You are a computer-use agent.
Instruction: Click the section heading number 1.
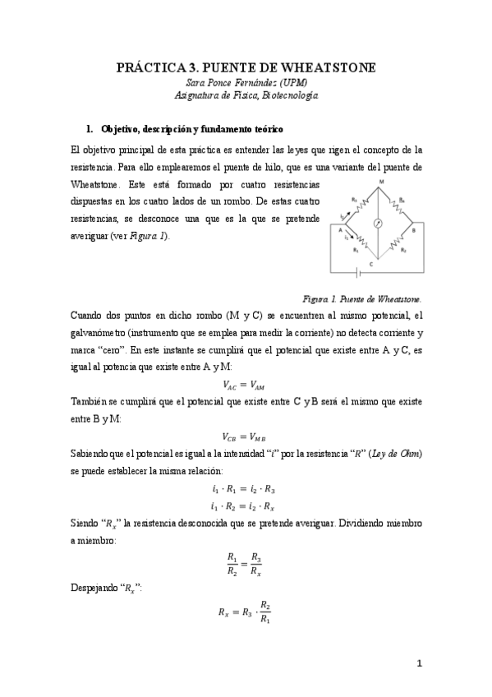point(90,130)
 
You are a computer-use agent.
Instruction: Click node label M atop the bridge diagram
point(380,181)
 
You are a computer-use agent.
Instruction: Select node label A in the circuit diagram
point(338,230)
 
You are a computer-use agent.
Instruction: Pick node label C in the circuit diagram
point(371,264)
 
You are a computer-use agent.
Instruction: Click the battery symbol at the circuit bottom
point(355,271)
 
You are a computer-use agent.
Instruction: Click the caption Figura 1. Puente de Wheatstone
point(362,299)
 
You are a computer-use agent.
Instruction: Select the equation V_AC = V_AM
point(244,383)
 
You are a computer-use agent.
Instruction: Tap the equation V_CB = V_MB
point(244,436)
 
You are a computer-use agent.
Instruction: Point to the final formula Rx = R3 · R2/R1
point(244,612)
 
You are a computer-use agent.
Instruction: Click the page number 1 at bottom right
point(418,663)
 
